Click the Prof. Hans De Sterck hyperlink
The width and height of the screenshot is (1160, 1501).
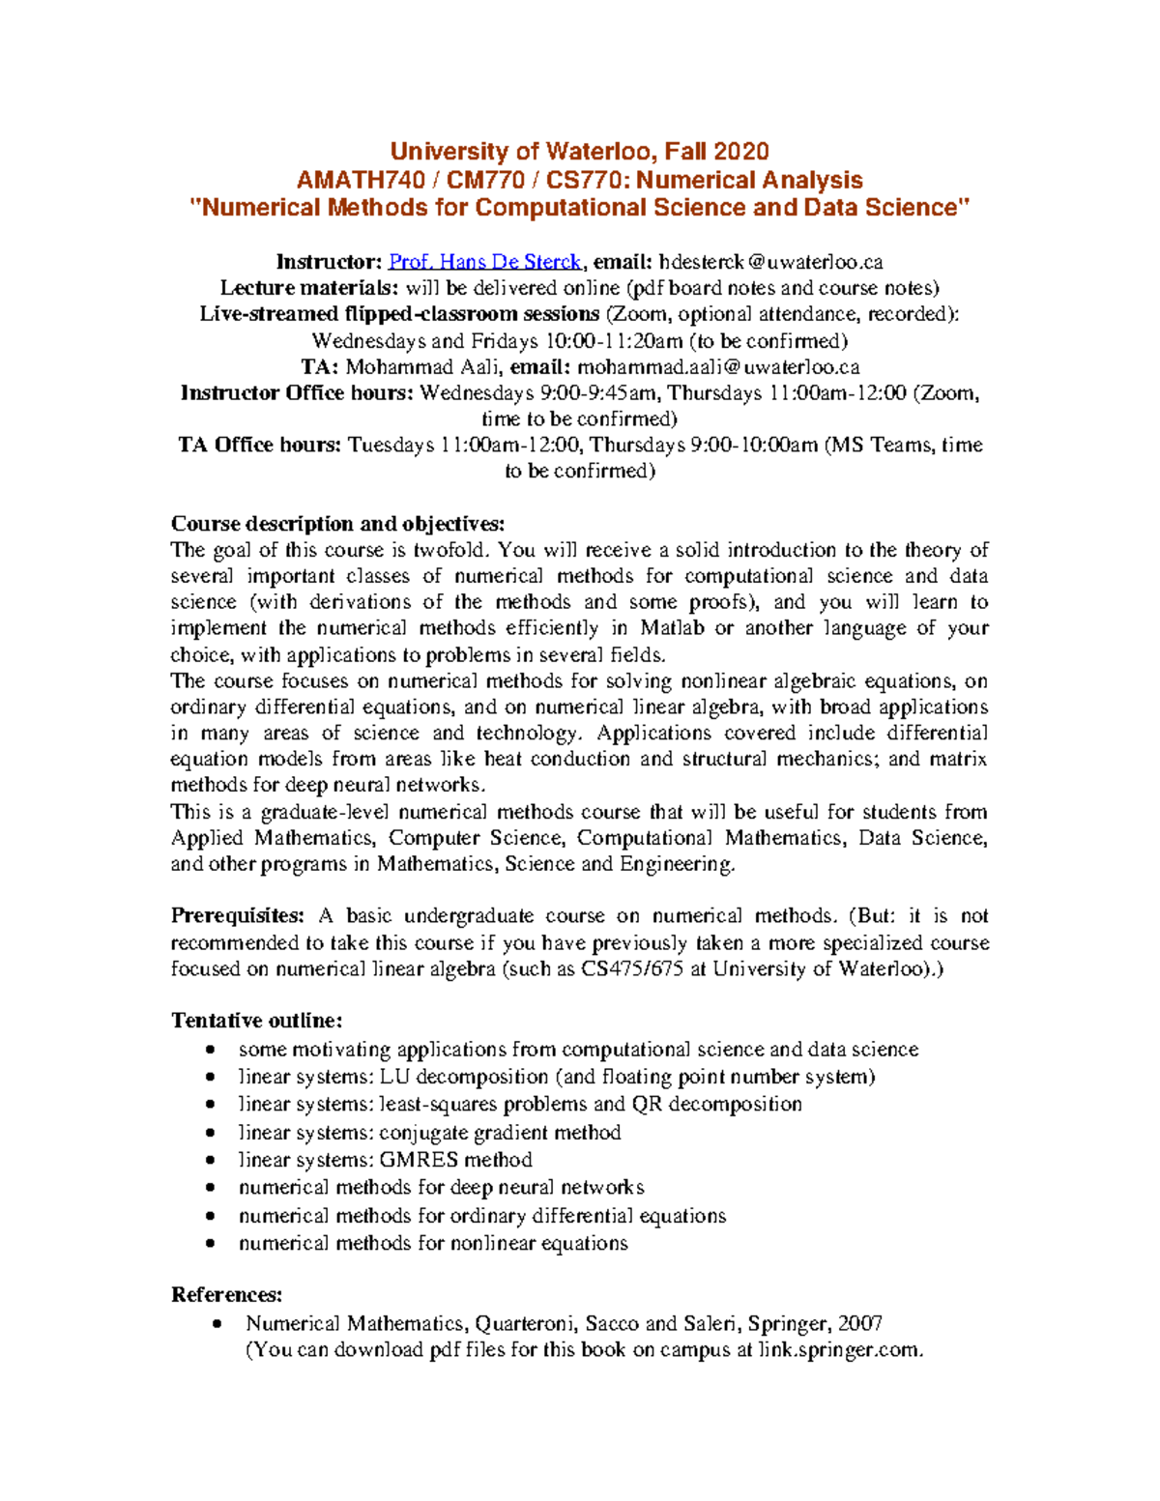click(484, 262)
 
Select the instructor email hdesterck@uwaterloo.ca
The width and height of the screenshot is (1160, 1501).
click(770, 262)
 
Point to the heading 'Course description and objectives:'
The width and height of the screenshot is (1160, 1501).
click(337, 524)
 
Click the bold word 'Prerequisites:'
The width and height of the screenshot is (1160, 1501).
click(238, 915)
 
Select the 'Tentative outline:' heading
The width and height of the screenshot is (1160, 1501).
click(256, 1021)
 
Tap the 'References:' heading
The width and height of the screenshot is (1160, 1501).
click(227, 1295)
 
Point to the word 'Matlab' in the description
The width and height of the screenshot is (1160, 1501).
click(672, 628)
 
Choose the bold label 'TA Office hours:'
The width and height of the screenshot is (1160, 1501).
click(259, 445)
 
